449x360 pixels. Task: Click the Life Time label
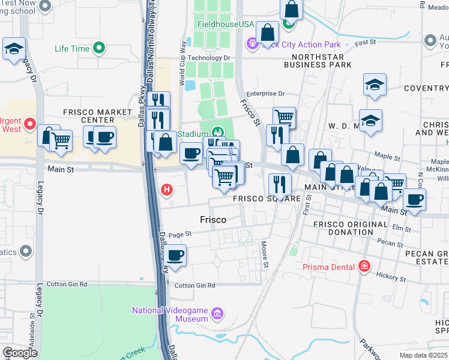(x=71, y=49)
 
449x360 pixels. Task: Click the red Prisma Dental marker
(x=364, y=266)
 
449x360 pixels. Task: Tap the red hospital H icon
(x=167, y=191)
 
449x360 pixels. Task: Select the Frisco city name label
(x=212, y=220)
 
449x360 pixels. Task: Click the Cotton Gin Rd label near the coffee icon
(x=194, y=285)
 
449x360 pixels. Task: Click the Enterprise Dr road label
(x=265, y=94)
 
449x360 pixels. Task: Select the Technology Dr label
(x=209, y=58)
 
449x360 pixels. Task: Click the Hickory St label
(x=391, y=277)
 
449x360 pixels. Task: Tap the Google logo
(x=20, y=353)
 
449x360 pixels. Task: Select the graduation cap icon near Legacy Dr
(x=13, y=49)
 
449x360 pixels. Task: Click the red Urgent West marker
(x=29, y=128)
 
